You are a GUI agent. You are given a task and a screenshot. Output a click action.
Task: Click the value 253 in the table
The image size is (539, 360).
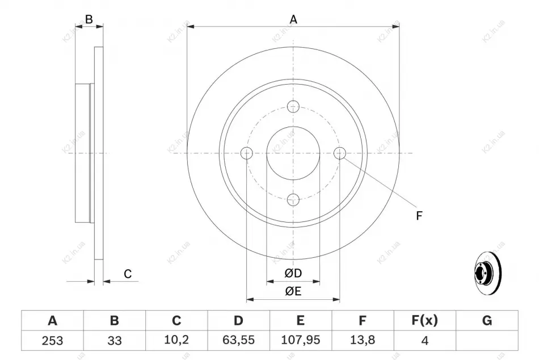(x=53, y=340)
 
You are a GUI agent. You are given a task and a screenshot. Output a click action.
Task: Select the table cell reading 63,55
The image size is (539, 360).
(x=238, y=340)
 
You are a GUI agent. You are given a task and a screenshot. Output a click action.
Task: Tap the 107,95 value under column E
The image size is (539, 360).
(x=301, y=340)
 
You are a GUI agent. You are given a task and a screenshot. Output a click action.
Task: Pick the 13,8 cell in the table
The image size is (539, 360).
(x=363, y=340)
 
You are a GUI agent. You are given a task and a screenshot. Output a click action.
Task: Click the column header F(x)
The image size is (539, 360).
(x=425, y=320)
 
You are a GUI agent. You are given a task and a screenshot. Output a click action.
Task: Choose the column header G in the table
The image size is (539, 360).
(x=487, y=320)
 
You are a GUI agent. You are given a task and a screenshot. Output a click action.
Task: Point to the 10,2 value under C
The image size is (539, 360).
(x=176, y=340)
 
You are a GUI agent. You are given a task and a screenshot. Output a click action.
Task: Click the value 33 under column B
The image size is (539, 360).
(x=115, y=340)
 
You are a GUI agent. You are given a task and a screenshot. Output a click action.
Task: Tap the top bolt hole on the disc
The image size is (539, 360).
(x=293, y=107)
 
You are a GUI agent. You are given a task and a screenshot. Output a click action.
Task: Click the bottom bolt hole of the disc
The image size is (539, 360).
(x=293, y=199)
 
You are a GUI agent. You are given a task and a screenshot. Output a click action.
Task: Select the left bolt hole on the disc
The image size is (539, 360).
(x=247, y=153)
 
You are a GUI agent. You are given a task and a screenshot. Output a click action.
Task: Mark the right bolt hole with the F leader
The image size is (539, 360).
(x=340, y=153)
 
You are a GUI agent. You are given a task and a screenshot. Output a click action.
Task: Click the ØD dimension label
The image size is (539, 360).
(x=293, y=273)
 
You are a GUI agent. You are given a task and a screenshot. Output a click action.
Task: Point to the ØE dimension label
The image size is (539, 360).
(x=293, y=291)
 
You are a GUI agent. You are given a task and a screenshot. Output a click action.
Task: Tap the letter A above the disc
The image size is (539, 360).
(x=293, y=20)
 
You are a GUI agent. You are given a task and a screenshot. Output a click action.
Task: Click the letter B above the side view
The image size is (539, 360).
(x=89, y=19)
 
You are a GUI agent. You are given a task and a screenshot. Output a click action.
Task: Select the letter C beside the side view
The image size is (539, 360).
(x=128, y=274)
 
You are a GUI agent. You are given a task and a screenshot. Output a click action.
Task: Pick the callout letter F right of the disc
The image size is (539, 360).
(x=419, y=216)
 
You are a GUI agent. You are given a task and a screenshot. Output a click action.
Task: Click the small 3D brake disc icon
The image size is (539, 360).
(x=487, y=274)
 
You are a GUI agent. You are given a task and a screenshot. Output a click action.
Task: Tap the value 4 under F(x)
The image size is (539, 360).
(x=425, y=341)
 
